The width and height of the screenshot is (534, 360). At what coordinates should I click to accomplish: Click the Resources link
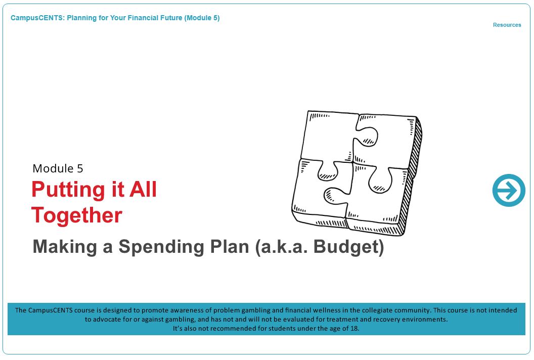(x=507, y=25)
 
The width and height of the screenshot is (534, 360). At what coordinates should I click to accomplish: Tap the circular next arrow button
(x=509, y=190)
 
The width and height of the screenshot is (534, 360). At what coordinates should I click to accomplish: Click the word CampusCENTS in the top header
(x=36, y=18)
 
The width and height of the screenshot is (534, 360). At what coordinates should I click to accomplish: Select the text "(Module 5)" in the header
(x=202, y=18)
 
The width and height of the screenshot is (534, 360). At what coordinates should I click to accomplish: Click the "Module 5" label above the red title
(x=58, y=168)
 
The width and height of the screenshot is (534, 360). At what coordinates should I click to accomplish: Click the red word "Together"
(x=77, y=215)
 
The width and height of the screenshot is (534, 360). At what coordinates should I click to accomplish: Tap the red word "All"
(x=143, y=189)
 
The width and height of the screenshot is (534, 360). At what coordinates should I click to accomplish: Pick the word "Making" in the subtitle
(x=65, y=247)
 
